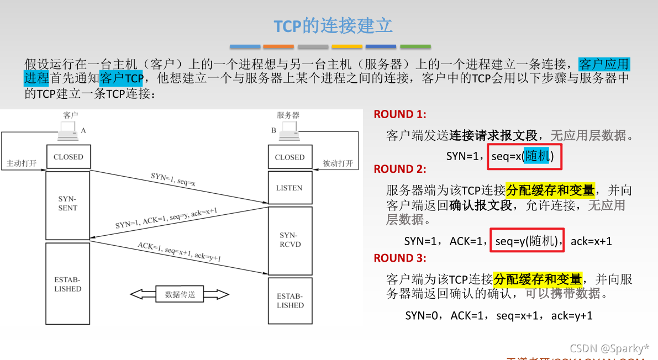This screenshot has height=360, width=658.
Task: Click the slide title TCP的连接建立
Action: (333, 25)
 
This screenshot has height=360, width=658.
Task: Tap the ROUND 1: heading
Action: (400, 115)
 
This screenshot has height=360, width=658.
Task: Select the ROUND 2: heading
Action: (400, 169)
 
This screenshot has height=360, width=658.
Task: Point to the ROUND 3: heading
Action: (400, 258)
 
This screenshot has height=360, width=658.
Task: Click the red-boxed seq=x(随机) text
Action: (522, 156)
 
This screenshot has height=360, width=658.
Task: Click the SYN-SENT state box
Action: (68, 204)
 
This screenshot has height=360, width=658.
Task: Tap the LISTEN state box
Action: (289, 188)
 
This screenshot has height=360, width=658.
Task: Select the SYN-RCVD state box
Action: (290, 240)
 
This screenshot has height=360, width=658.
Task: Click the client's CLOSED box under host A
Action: (69, 157)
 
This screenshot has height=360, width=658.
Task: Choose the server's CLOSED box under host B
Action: (289, 157)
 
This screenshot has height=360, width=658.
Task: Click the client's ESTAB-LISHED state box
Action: (68, 284)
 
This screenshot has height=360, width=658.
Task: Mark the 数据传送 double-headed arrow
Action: (180, 294)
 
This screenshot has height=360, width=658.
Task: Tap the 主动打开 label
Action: (22, 163)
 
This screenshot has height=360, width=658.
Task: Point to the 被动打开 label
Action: (338, 163)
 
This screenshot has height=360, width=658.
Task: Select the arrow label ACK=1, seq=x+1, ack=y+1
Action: (179, 251)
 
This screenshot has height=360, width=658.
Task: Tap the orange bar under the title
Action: (278, 46)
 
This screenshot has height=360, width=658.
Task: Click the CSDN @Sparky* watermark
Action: (609, 348)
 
